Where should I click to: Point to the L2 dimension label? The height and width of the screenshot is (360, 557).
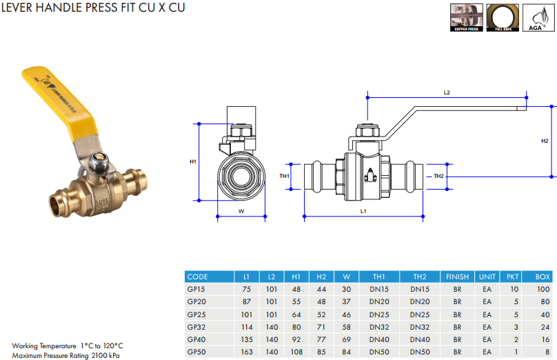(x=447, y=92)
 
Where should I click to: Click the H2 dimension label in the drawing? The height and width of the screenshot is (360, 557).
(x=545, y=141)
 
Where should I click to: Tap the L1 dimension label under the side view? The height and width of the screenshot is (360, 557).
(x=363, y=210)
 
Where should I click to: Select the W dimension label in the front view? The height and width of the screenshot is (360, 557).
(x=241, y=210)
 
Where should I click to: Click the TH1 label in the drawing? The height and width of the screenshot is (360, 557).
(x=284, y=176)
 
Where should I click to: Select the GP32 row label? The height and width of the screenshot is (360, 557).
(x=196, y=327)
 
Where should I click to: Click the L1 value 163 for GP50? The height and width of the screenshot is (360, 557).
(x=246, y=352)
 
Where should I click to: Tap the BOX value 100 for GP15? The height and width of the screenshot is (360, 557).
(x=543, y=289)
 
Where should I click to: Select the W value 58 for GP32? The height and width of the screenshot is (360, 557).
(x=346, y=327)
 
